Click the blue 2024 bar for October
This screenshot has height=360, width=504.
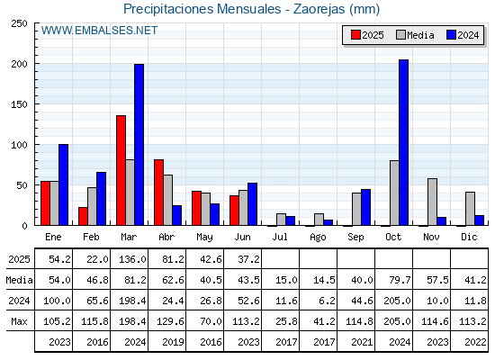pyautogui.click(x=403, y=142)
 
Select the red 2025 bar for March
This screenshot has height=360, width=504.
pyautogui.click(x=121, y=170)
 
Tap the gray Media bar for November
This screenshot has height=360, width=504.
pyautogui.click(x=432, y=202)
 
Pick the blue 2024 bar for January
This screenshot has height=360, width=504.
pyautogui.click(x=63, y=184)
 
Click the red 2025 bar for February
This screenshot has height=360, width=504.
pyautogui.click(x=83, y=216)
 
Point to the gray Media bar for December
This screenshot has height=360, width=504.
pyautogui.click(x=470, y=209)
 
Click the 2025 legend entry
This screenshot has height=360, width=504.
pyautogui.click(x=367, y=35)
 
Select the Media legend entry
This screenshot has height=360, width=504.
pyautogui.click(x=415, y=35)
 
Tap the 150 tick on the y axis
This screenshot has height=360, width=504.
pyautogui.click(x=19, y=104)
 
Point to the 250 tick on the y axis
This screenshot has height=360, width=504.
pyautogui.click(x=19, y=23)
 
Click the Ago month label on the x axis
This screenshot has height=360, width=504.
pyautogui.click(x=318, y=238)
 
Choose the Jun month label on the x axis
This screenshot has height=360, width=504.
pyautogui.click(x=242, y=237)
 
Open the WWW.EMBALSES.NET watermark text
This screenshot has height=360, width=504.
pyautogui.click(x=99, y=31)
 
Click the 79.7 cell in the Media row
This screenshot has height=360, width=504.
pyautogui.click(x=400, y=280)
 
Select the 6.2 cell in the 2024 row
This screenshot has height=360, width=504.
pyautogui.click(x=328, y=301)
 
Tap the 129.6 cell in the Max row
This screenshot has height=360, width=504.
pyautogui.click(x=170, y=321)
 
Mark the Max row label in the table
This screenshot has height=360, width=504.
pyautogui.click(x=19, y=321)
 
